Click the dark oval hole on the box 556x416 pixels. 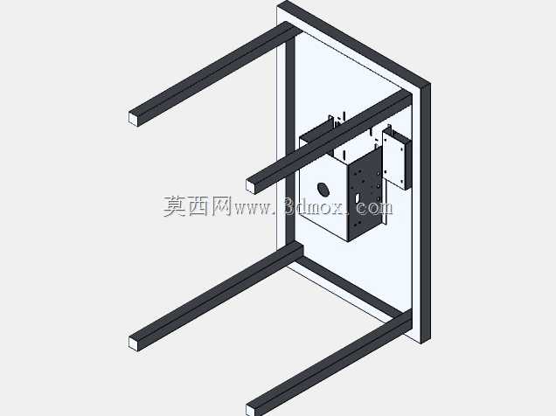point(323,190)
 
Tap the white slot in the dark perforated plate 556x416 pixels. point(358,197)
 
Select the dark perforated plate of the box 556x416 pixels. point(365,194)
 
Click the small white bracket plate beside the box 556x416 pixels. point(393,158)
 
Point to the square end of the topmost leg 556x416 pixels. point(134,118)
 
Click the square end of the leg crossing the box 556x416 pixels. point(251,186)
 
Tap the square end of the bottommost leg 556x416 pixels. point(250,411)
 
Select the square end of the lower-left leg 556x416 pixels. point(134,343)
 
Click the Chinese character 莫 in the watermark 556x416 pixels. point(175,206)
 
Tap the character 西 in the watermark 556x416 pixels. point(198,206)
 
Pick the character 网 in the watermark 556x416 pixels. point(221,206)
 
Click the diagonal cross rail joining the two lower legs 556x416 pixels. point(350,288)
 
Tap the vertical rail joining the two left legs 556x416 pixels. point(290,142)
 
